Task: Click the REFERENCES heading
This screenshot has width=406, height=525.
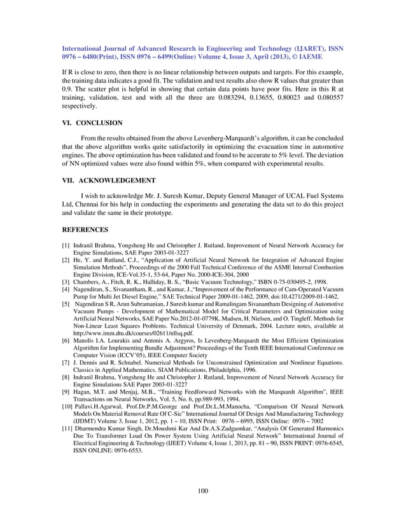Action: [x=85, y=229]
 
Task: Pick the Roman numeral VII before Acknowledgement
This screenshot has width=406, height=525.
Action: [x=67, y=181]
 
